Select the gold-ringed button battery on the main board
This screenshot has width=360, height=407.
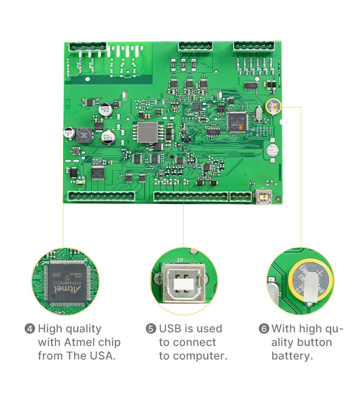click(x=274, y=107)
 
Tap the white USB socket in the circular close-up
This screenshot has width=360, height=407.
click(x=184, y=284)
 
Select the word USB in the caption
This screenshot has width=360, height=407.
click(x=170, y=329)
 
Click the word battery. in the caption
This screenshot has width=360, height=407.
click(x=292, y=356)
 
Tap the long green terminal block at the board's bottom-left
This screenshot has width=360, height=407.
click(x=102, y=196)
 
